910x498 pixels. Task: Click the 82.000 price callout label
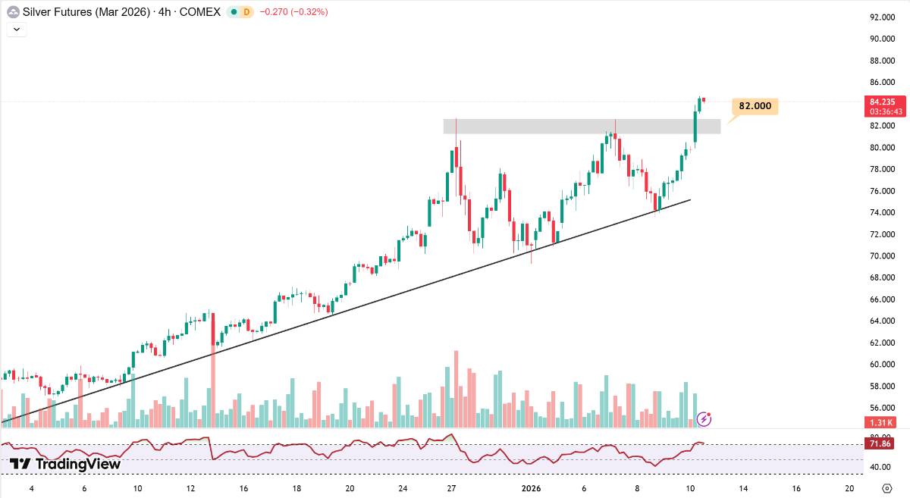pos(755,106)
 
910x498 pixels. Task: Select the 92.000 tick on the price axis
pos(883,17)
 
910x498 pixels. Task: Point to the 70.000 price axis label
pos(883,256)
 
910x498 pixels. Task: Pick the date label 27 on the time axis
pos(451,488)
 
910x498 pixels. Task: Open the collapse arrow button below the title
pos(17,30)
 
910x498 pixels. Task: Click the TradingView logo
pos(65,464)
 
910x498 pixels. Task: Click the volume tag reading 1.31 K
pos(881,422)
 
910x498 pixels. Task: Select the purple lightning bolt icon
pos(704,418)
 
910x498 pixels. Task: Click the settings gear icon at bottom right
pos(886,488)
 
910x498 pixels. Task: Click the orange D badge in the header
pos(247,12)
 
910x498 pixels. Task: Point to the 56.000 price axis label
pos(883,408)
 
